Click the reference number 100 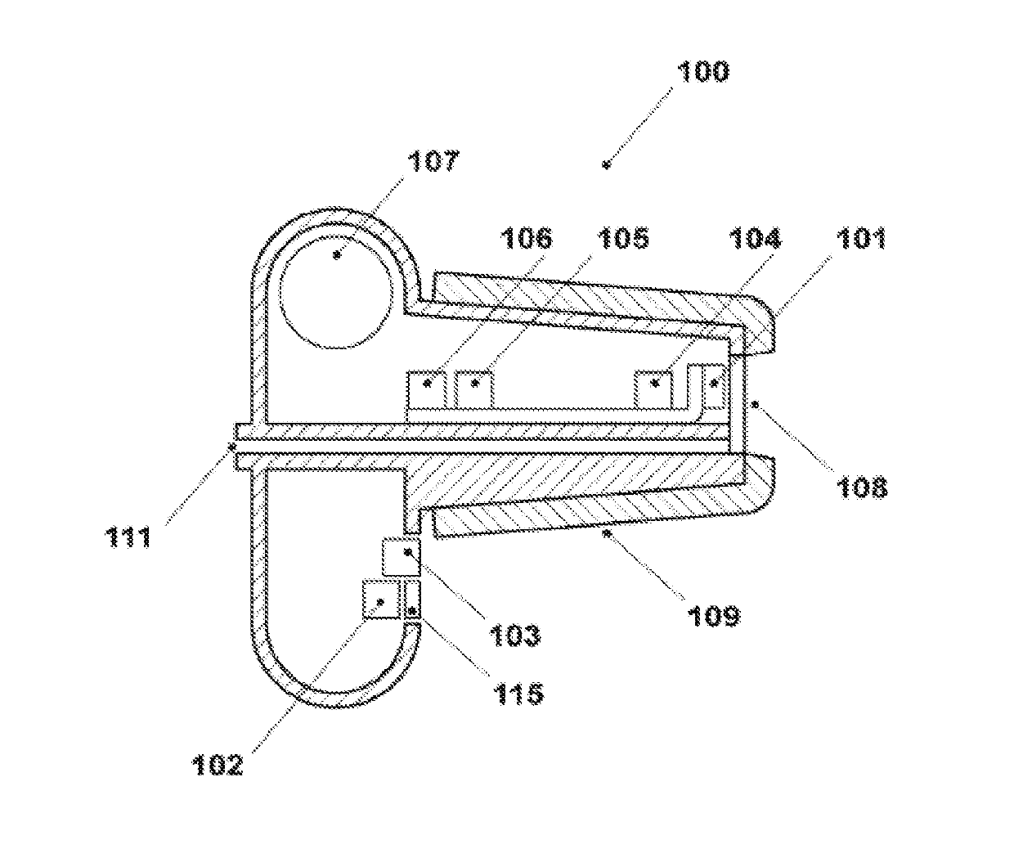point(702,72)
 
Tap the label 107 point(435,160)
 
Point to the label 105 point(624,238)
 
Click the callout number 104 point(755,238)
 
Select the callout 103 point(516,634)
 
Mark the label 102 point(217,765)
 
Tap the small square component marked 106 point(426,383)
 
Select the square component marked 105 point(474,384)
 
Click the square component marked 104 point(654,384)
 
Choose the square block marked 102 point(381,600)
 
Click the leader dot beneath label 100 point(606,165)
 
